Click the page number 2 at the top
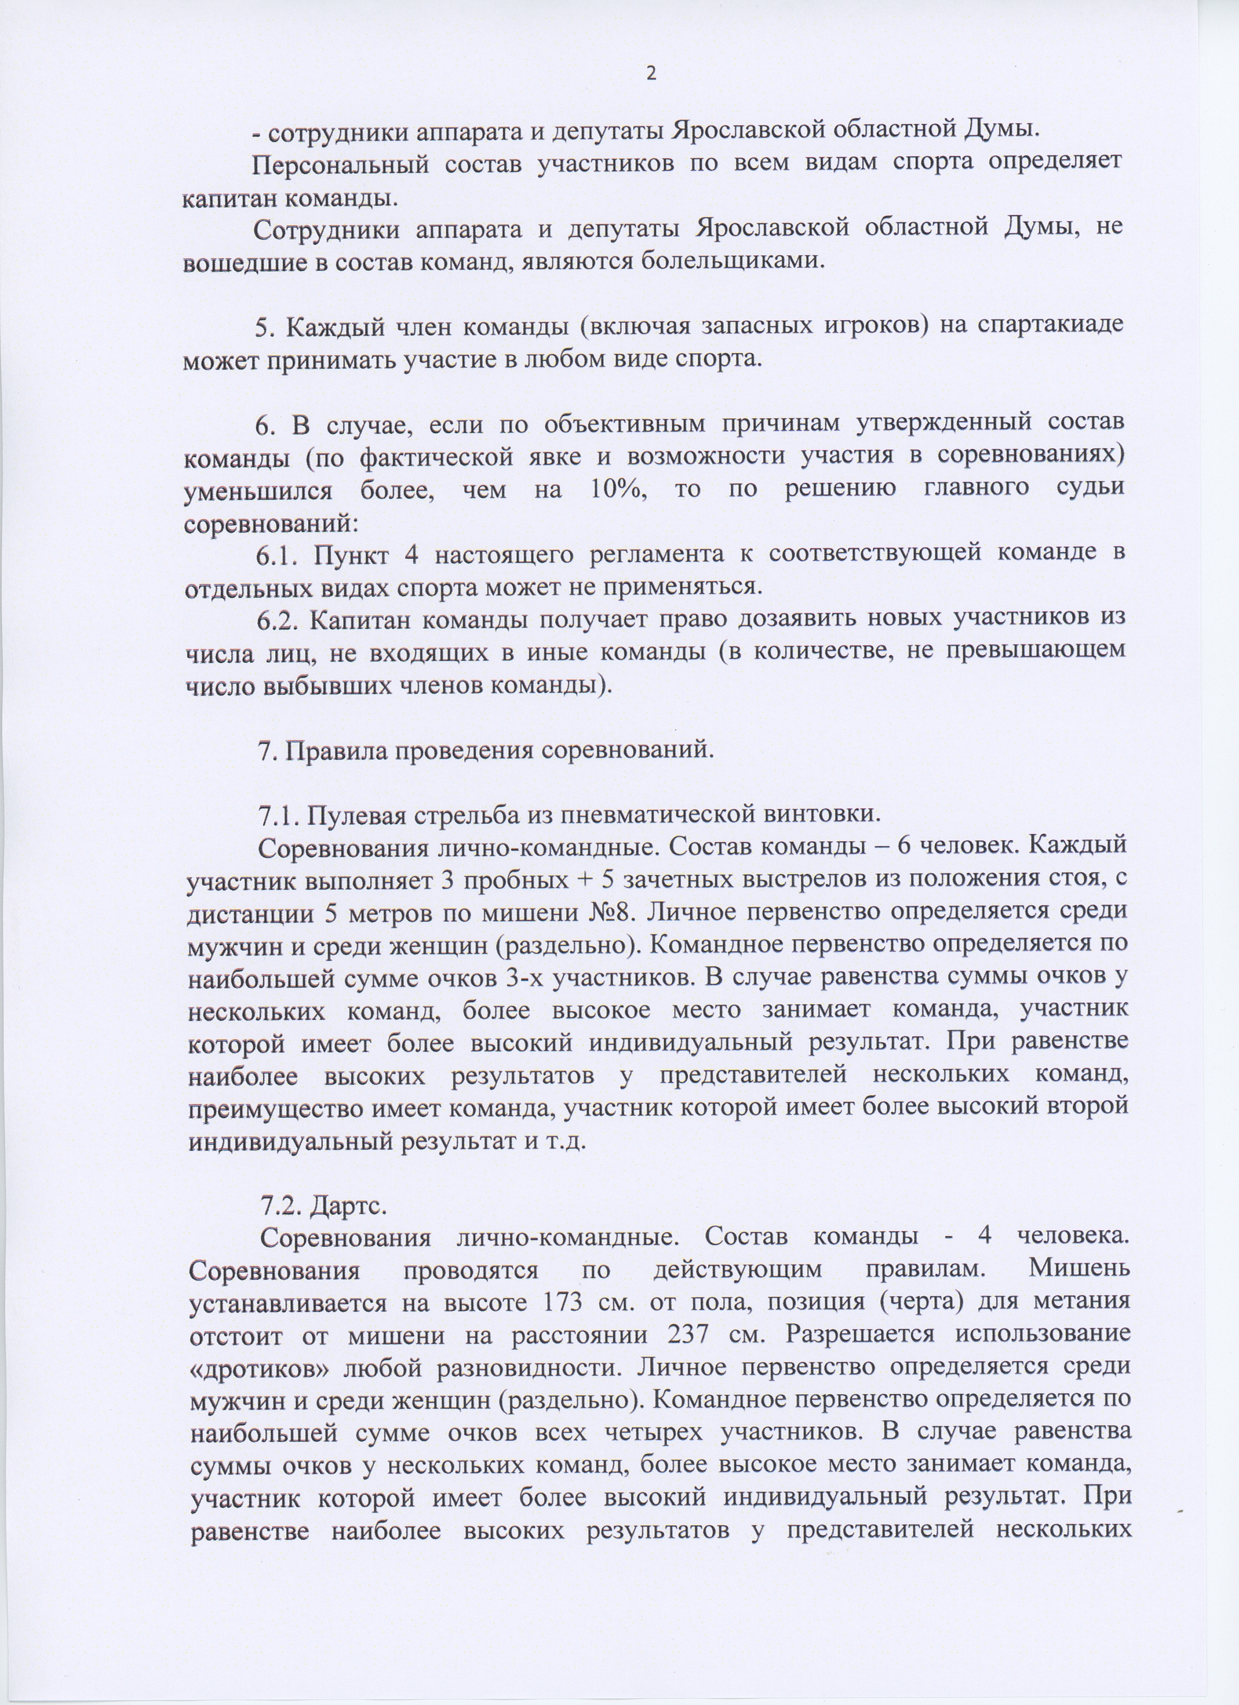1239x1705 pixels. [651, 73]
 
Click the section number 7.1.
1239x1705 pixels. [279, 814]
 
